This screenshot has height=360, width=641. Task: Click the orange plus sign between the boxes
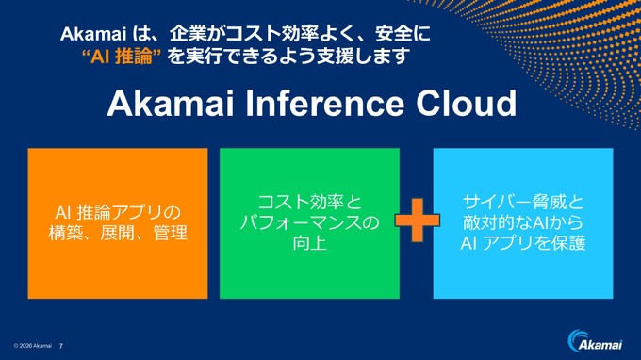point(418,222)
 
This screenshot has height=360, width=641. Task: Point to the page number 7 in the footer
point(62,346)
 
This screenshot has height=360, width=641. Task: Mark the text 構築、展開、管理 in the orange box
point(118,234)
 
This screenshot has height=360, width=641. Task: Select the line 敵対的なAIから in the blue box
point(523,223)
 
